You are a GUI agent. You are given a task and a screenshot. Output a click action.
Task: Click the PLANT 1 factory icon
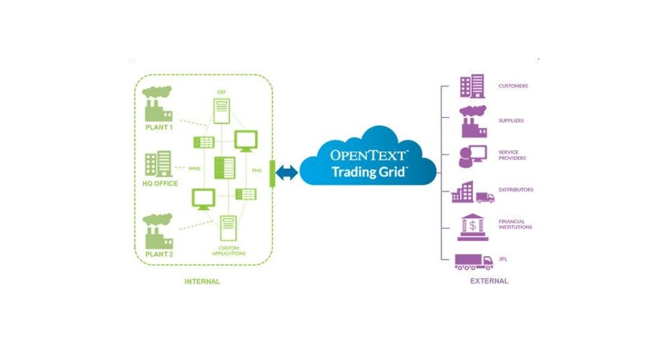(x=157, y=104)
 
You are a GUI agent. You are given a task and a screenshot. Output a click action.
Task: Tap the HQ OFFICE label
(x=160, y=184)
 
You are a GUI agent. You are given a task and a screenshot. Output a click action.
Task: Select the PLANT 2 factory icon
(x=157, y=231)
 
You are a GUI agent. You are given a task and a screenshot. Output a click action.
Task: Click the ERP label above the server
(x=221, y=92)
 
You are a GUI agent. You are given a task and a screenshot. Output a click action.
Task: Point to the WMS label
(x=194, y=169)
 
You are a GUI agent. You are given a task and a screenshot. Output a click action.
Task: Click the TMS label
(x=257, y=171)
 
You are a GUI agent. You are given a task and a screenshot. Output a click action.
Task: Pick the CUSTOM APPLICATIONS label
(x=229, y=250)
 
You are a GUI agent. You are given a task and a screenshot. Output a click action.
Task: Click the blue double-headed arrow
(x=287, y=173)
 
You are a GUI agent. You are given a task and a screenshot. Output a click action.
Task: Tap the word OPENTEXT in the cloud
(x=369, y=155)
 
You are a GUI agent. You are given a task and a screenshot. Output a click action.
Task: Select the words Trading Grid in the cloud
(x=369, y=172)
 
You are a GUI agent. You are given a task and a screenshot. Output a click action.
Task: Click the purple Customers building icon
(x=472, y=86)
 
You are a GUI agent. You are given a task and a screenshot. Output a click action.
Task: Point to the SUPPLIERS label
(x=511, y=120)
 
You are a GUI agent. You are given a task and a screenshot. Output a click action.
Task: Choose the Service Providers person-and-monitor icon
(x=472, y=156)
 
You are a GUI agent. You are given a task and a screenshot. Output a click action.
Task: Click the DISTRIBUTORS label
(x=516, y=190)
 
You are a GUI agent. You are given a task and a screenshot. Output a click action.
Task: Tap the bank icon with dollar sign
(x=473, y=227)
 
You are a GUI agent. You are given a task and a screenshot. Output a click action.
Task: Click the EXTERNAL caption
(x=489, y=281)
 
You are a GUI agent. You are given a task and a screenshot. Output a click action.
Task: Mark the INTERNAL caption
(x=202, y=282)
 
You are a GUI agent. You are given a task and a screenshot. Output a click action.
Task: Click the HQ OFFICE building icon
(x=159, y=164)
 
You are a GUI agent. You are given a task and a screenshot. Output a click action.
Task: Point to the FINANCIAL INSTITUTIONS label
(x=515, y=224)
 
